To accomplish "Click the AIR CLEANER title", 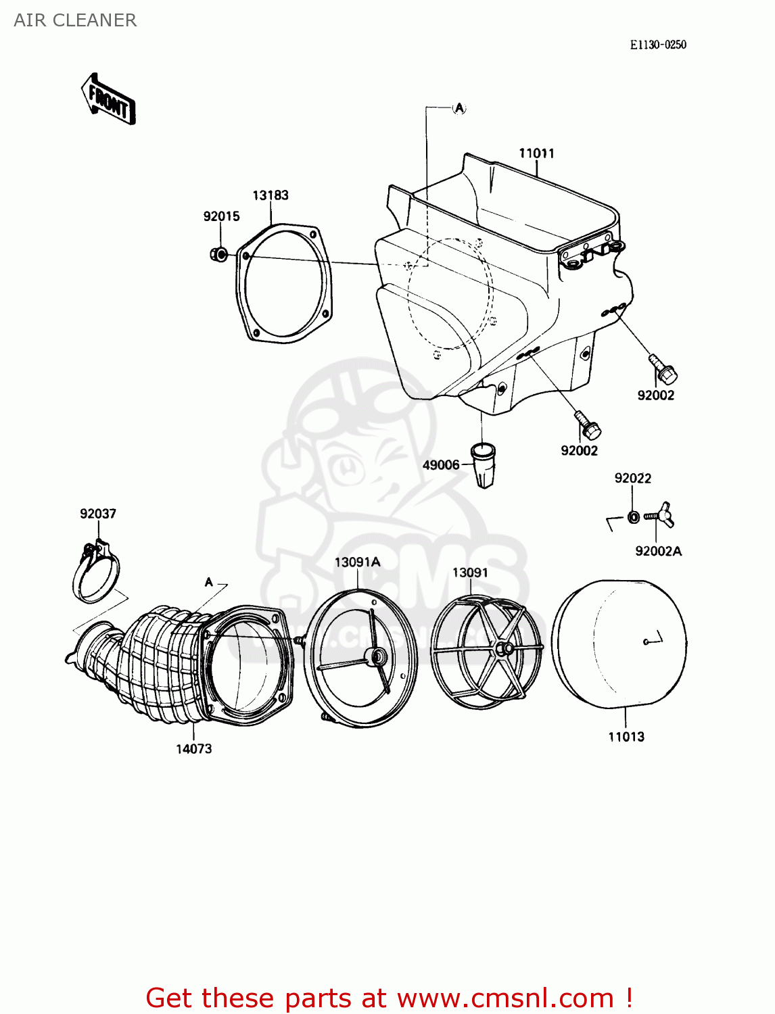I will pos(75,20).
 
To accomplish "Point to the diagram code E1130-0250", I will pos(657,45).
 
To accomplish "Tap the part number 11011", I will pos(536,153).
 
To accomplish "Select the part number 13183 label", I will pos(271,195).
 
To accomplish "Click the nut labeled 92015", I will pos(218,255).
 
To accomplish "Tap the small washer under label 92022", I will pos(634,517).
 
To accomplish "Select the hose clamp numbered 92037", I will pos(97,573).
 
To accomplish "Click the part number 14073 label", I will pos(194,749).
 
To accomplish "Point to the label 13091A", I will pos(357,562).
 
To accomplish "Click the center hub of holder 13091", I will pos(504,649).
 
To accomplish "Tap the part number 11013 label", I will pos(626,737).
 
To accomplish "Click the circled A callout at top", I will pos(459,108).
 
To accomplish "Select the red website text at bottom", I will pos(389,998).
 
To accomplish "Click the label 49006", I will pos(441,465).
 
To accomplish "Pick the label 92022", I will pos(632,479).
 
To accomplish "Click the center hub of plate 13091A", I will pos(377,655).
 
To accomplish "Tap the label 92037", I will pos(98,514).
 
